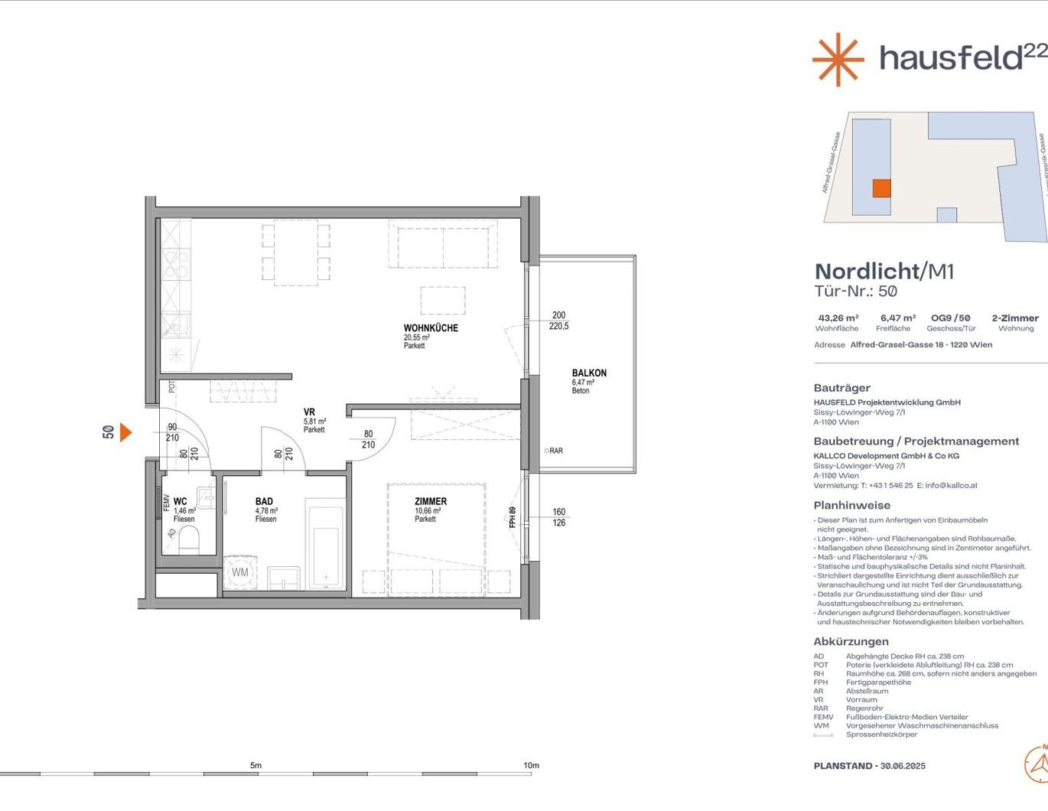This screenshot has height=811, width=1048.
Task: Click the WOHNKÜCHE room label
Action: [x=431, y=328]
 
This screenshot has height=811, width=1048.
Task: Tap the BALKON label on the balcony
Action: [x=589, y=373]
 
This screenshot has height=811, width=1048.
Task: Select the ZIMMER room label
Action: [x=431, y=502]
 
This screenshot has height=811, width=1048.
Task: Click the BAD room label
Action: [x=264, y=502]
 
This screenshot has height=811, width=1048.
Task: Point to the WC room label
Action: [x=180, y=502]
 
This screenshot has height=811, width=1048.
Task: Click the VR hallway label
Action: [x=309, y=412]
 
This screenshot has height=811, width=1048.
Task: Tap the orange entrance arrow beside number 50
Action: [x=125, y=432]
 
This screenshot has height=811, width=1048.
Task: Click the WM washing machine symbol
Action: [x=240, y=572]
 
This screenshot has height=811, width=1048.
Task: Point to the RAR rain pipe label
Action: [x=555, y=451]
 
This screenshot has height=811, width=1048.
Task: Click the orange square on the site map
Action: [x=881, y=188]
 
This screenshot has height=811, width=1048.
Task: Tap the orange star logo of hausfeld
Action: [x=838, y=59]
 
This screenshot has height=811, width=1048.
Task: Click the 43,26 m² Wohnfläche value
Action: [x=838, y=318]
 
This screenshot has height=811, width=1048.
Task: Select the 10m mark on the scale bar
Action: [x=531, y=766]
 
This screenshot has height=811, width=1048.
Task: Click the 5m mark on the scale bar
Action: [x=255, y=766]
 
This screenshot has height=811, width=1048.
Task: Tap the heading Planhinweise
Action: [x=851, y=506]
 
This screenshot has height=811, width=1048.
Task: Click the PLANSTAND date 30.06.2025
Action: [x=903, y=766]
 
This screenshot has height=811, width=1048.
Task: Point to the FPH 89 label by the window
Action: [x=513, y=516]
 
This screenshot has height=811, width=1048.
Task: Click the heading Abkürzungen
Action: [x=851, y=642]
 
